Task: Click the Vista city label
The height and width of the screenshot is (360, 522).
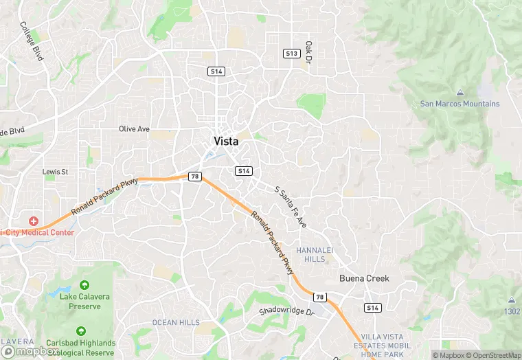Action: tap(226, 141)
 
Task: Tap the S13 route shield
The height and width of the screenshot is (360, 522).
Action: tap(292, 53)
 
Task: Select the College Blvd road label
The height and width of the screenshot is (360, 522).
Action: tap(32, 42)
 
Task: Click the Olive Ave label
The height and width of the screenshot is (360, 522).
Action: tap(134, 128)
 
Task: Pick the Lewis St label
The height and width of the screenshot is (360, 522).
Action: tap(56, 171)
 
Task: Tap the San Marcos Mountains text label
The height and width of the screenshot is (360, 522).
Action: tap(459, 104)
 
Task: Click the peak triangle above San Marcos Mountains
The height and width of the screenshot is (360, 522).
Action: tap(459, 93)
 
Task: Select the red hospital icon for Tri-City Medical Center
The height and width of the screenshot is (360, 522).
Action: tap(33, 221)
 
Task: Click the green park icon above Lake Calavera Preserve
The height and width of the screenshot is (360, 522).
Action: tap(84, 284)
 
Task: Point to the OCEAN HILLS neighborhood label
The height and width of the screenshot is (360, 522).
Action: tap(176, 322)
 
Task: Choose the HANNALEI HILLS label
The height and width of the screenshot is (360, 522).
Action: tap(315, 254)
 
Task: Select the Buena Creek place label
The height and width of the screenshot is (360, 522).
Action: tap(364, 278)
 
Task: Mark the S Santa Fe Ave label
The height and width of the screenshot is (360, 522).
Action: tap(291, 207)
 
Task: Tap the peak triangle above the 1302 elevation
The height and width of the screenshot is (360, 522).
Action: tap(512, 300)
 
